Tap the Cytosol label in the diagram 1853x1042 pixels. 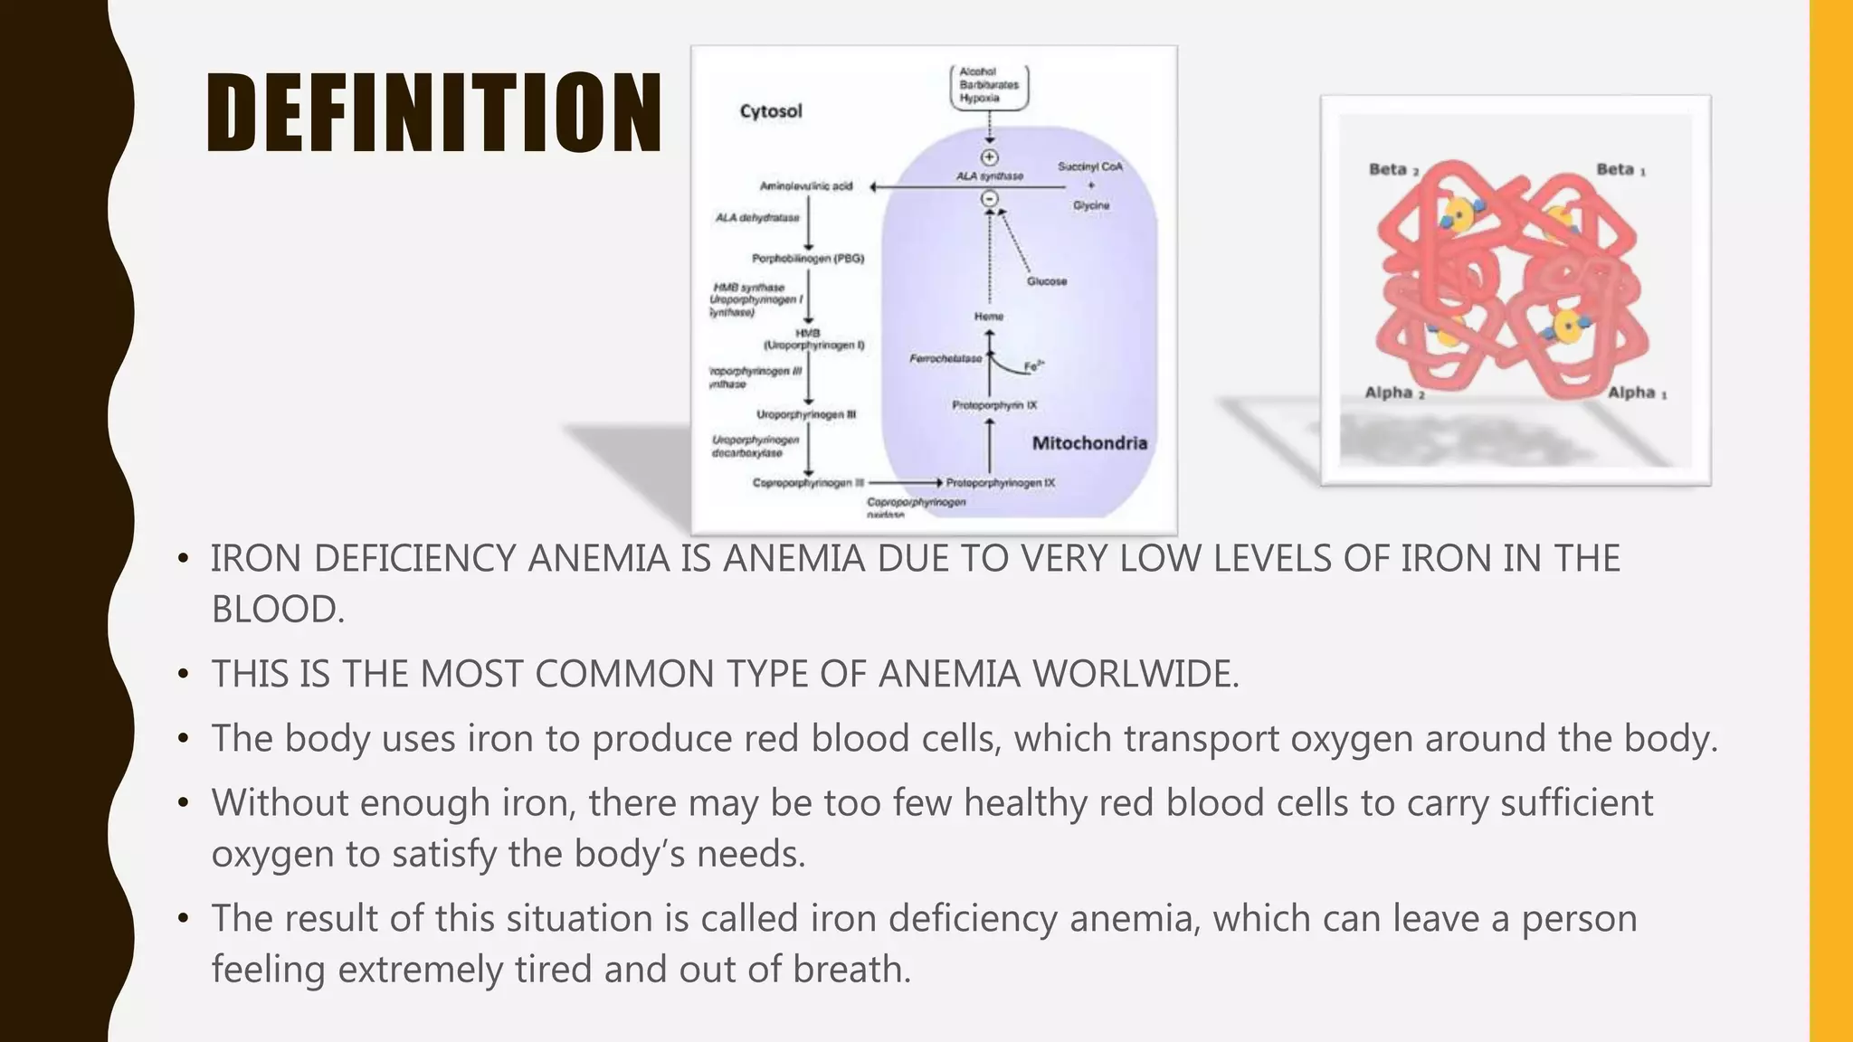coord(771,111)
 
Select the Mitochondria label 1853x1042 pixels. coord(1089,443)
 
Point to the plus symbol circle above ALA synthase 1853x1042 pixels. coord(990,157)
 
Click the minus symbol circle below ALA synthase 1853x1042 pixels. coord(990,198)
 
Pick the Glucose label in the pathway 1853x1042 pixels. coord(1047,281)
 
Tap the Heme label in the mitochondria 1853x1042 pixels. coord(989,317)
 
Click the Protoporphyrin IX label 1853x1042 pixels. coord(994,405)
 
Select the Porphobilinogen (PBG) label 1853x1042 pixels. coord(808,259)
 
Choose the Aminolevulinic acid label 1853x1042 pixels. coord(806,186)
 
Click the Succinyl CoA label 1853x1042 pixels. coord(1090,166)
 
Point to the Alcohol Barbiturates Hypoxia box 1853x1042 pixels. coord(989,85)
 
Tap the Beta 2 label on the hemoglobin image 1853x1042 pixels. coord(1393,170)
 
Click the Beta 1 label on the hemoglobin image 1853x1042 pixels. coord(1620,170)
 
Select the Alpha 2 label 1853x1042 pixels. coord(1394,393)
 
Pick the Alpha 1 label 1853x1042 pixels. coord(1637,393)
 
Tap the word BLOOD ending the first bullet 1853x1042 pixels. coord(277,610)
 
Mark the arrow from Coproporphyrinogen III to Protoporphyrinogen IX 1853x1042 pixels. coord(906,483)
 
